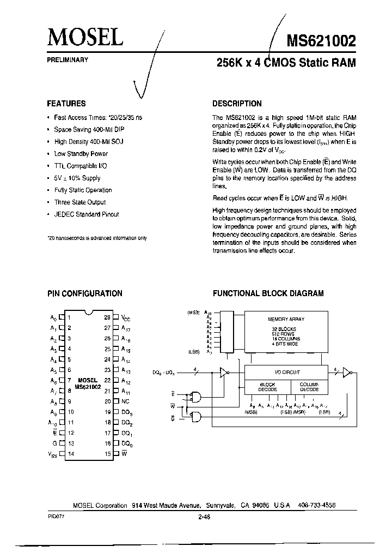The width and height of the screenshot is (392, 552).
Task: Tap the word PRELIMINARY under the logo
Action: pos(68,59)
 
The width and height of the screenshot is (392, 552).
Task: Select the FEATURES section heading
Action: pos(66,104)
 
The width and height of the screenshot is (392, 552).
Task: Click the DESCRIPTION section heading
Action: pos(237,104)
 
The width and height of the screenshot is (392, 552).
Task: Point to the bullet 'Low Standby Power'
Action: pos(81,154)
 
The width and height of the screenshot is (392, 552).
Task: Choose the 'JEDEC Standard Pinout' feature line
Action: pos(87,214)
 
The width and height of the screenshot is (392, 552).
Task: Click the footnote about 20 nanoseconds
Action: pos(97,238)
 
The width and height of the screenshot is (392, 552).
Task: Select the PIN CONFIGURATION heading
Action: pos(84,293)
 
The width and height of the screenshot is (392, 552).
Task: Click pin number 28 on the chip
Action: pos(107,316)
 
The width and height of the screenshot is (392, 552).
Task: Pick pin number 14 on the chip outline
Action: pos(71,453)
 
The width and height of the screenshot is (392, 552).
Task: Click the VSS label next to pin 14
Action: pos(53,454)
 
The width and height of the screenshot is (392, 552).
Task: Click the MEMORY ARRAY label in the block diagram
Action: pos(286,319)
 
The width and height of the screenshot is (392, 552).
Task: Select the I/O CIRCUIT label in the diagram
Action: pos(287,373)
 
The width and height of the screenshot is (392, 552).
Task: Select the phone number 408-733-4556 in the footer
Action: pos(317,506)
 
